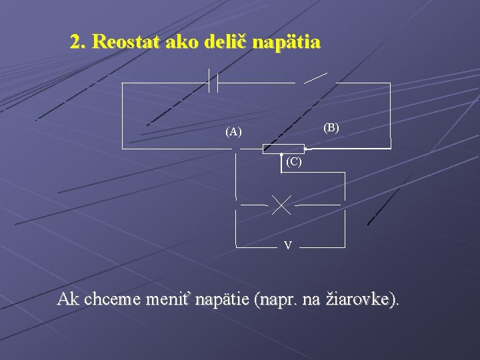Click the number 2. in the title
tap(78, 43)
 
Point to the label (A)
tap(233, 132)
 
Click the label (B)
tap(331, 127)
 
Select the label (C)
tap(293, 162)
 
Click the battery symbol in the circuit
tap(214, 82)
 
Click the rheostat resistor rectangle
tap(283, 149)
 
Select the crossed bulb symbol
tap(281, 205)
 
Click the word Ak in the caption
tap(68, 299)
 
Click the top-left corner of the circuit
tap(123, 83)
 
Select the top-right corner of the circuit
tap(390, 83)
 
